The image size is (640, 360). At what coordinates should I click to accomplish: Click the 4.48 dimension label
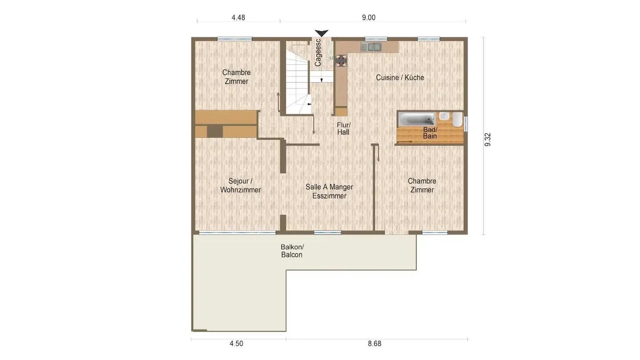(x=238, y=18)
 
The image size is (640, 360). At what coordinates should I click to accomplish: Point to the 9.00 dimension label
(x=368, y=18)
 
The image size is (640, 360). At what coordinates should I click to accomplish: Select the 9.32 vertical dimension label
(x=488, y=140)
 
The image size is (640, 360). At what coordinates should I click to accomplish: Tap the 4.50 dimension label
(x=236, y=344)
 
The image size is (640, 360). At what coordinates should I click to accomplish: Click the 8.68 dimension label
(x=374, y=344)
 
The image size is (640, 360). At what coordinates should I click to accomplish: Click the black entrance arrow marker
(x=321, y=33)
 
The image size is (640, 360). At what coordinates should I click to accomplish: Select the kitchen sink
(x=371, y=47)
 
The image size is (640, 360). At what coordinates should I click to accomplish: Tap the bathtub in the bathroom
(x=417, y=119)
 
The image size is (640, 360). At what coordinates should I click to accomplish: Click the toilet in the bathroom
(x=457, y=119)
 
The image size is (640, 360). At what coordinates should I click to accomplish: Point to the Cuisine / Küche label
(x=400, y=77)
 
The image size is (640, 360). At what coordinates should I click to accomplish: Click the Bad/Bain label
(x=430, y=133)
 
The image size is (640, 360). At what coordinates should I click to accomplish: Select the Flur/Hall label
(x=344, y=128)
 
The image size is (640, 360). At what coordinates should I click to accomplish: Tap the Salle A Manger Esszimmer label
(x=329, y=192)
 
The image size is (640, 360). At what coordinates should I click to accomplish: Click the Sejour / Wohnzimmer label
(x=240, y=185)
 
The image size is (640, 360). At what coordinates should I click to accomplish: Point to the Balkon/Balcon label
(x=292, y=251)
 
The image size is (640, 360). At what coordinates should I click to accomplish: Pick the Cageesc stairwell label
(x=318, y=52)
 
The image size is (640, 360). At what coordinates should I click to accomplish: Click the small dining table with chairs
(x=341, y=60)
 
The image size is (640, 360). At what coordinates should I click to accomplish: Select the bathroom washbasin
(x=444, y=116)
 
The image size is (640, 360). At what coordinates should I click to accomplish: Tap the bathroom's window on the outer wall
(x=465, y=124)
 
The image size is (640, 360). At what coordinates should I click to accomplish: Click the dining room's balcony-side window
(x=328, y=232)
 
